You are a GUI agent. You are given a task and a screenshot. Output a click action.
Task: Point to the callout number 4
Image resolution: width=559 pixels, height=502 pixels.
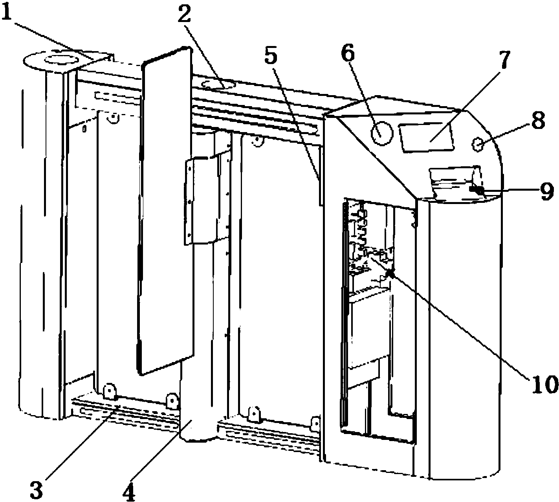(x=129, y=490)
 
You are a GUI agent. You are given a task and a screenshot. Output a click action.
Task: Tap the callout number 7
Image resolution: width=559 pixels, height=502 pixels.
(x=503, y=59)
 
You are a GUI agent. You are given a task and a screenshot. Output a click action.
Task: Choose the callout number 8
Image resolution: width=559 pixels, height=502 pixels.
(x=538, y=120)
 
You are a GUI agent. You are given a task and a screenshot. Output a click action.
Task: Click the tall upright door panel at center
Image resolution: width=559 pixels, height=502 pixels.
(x=165, y=210)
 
